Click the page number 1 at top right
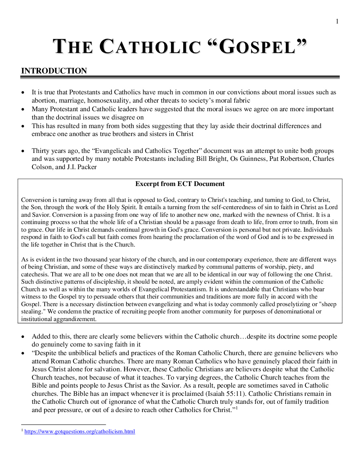click(337, 22)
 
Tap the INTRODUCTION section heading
click(54, 71)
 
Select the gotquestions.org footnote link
click(79, 432)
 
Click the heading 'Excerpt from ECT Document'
click(180, 184)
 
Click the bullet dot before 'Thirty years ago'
click(23, 151)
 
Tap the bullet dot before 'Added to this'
click(23, 337)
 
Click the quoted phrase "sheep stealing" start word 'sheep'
click(329, 304)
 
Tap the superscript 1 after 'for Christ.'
click(237, 408)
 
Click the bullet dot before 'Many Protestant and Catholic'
click(23, 110)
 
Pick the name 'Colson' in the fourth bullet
click(42, 167)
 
